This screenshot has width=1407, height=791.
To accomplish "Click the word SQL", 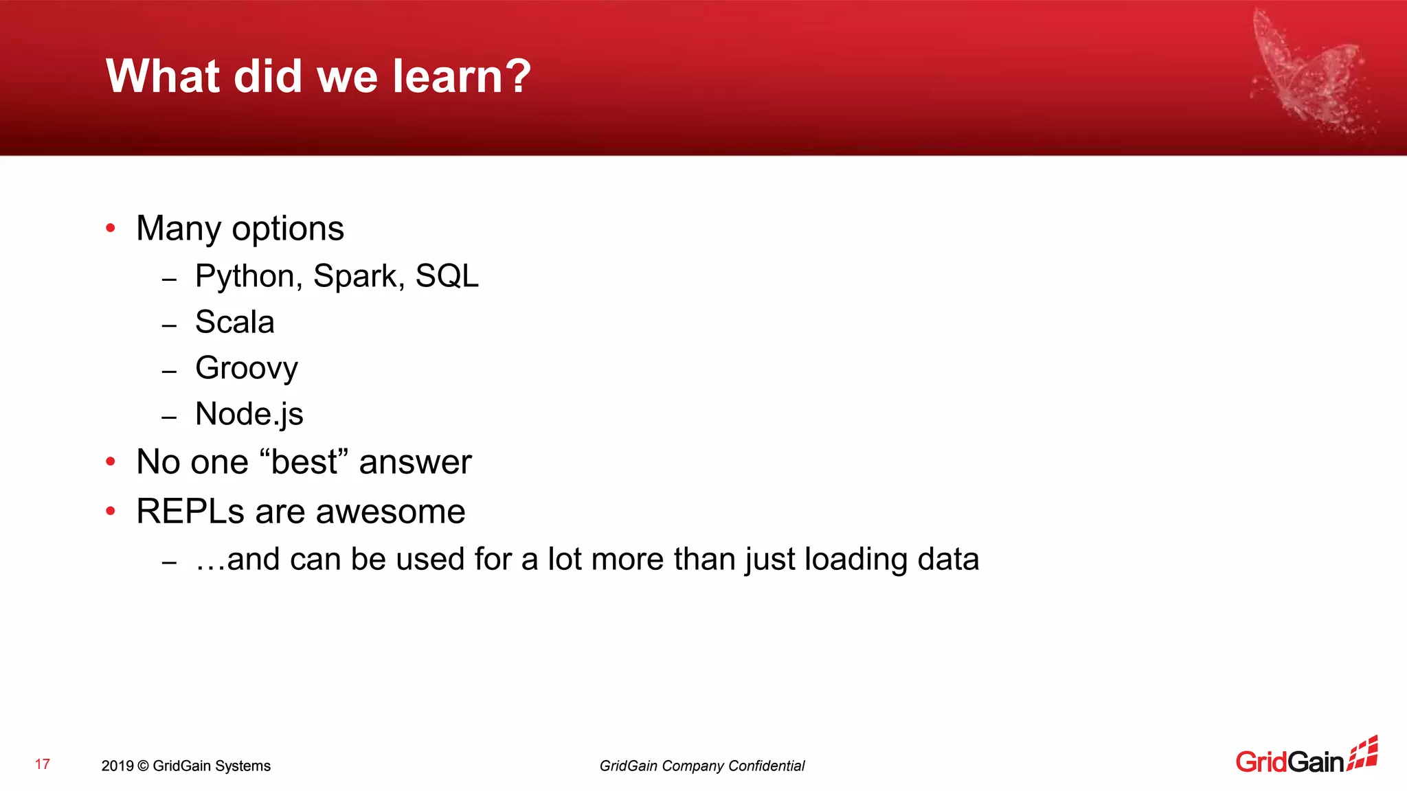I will [447, 277].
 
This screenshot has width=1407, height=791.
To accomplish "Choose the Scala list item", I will [234, 322].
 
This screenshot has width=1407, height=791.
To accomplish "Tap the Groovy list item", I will [246, 369].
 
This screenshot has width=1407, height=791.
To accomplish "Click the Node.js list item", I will [249, 414].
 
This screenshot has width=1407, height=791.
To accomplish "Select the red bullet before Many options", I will [111, 228].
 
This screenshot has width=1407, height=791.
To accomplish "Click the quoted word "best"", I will [304, 461].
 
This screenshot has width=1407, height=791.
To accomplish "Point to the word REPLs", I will [190, 512].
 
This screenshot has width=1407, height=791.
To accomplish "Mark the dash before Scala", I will [169, 325].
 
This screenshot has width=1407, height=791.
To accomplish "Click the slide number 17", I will [43, 764].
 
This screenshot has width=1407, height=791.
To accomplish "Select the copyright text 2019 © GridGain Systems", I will [185, 766].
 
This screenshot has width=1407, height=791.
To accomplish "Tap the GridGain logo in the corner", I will [1305, 757].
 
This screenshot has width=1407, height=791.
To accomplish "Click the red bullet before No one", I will [111, 461].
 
